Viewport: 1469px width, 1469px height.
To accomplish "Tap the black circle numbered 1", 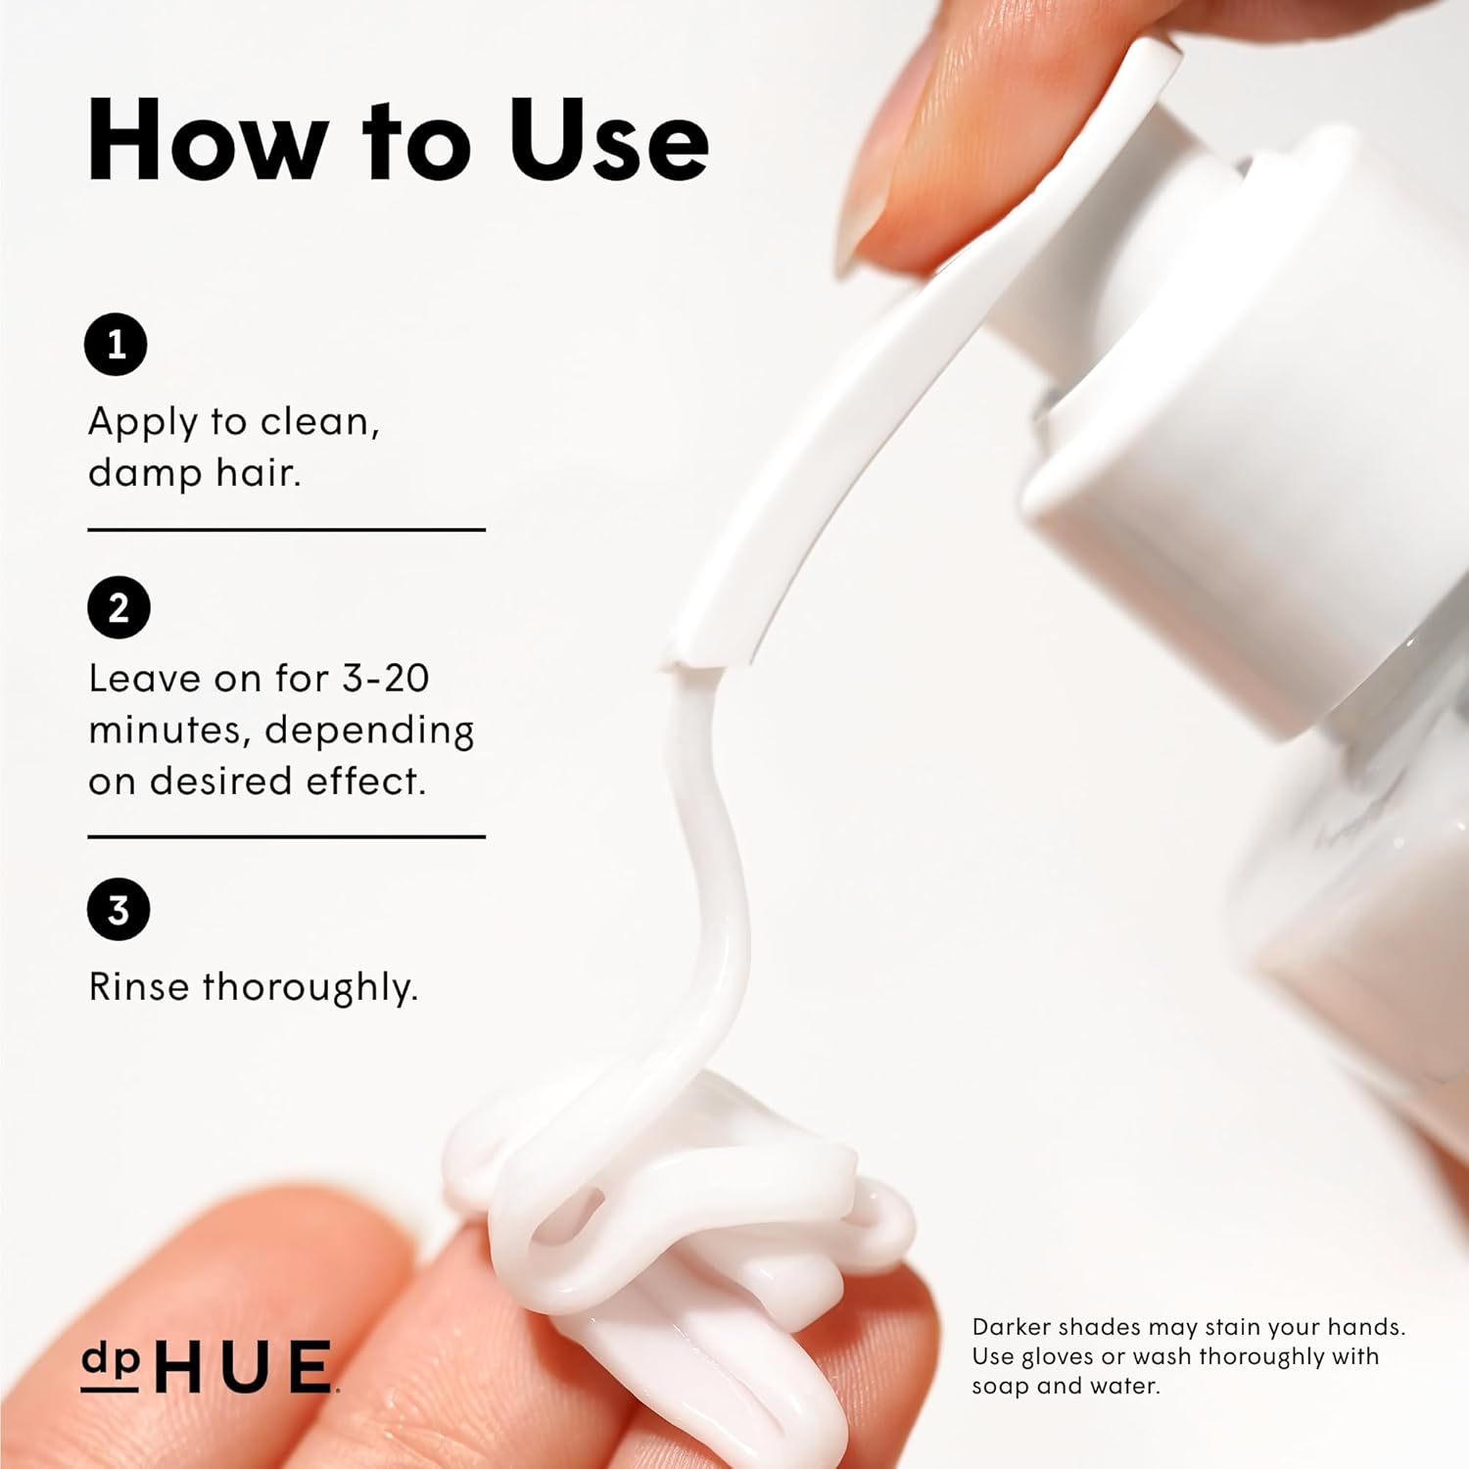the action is click(116, 345).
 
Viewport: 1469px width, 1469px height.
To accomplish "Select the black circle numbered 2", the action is click(118, 607).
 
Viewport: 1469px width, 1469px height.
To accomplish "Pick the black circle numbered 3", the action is click(118, 909).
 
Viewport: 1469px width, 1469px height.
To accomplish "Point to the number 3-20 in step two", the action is click(386, 678).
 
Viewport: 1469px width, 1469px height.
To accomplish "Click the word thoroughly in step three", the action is click(310, 987).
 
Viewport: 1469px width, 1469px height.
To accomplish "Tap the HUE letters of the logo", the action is click(244, 1366).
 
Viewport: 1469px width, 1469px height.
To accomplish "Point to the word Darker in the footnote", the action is click(1010, 1327).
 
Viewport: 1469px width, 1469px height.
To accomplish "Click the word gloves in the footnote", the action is click(1059, 1357).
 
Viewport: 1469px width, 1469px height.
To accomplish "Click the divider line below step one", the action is click(287, 530).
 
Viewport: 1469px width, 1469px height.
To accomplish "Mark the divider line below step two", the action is click(287, 837).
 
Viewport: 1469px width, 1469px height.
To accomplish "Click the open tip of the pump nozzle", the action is click(697, 664).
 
